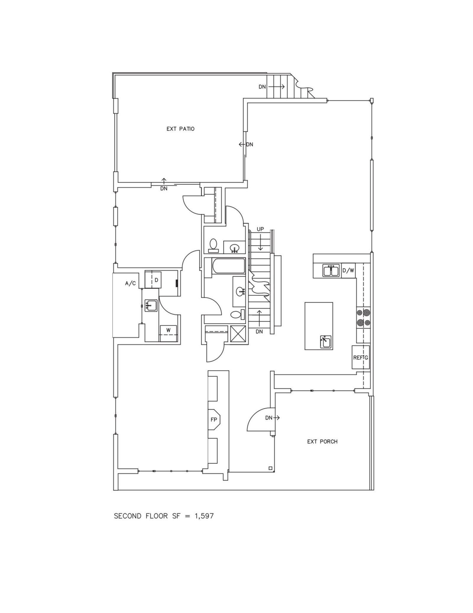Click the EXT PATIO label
(x=180, y=129)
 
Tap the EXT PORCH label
(x=322, y=442)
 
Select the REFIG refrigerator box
(x=361, y=357)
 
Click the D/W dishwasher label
(x=348, y=270)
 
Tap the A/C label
(x=130, y=284)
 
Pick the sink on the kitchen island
(x=325, y=342)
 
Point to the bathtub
(x=229, y=266)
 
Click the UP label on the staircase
(x=260, y=229)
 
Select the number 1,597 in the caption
(x=204, y=516)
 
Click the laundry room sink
(x=151, y=305)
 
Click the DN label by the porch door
(x=268, y=418)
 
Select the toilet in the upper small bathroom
(x=213, y=245)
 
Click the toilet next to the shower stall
(x=236, y=314)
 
